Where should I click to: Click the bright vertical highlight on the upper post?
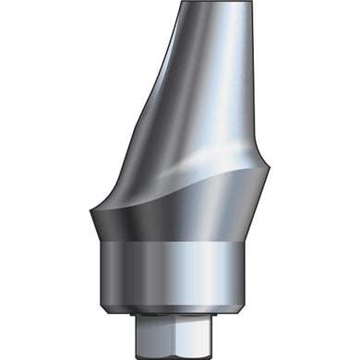[231, 83]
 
